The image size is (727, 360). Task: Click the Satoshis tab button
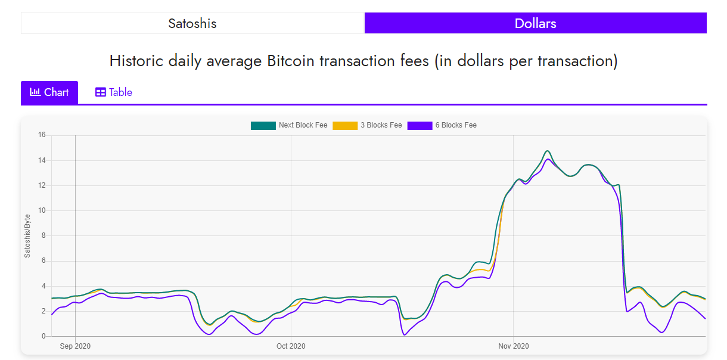(192, 23)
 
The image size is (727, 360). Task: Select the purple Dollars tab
(535, 23)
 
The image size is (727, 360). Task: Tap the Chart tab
(49, 92)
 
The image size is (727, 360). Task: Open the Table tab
(113, 92)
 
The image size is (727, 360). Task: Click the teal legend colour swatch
(263, 125)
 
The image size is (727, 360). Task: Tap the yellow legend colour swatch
(344, 125)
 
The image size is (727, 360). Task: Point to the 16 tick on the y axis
(42, 135)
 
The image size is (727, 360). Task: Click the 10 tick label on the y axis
(42, 210)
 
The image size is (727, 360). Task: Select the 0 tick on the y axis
(44, 336)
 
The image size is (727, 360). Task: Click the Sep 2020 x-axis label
(75, 346)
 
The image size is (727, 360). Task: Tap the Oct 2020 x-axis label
(291, 346)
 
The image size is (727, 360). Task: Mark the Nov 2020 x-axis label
(513, 346)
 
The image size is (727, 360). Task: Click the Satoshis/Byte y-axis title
(27, 235)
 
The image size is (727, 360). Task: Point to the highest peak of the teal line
(548, 151)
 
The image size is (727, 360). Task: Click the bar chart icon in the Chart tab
(35, 92)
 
